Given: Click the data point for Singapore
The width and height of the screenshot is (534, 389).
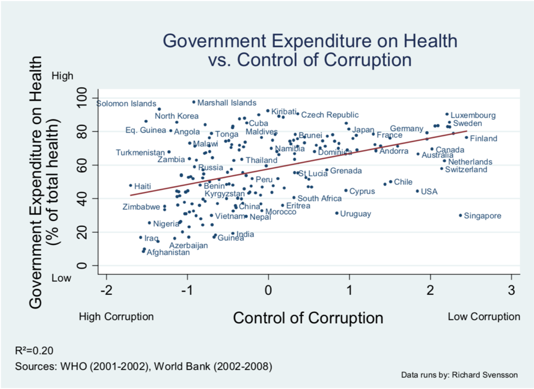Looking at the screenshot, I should [460, 215].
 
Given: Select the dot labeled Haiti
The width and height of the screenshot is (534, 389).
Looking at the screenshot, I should [130, 185].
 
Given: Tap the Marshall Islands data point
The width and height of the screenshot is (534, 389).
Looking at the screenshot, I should [194, 102].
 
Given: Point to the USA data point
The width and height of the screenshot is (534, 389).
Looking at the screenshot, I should [417, 191].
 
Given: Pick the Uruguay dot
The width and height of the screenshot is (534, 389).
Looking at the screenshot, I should [337, 213].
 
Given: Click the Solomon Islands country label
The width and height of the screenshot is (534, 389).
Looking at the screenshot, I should [126, 103].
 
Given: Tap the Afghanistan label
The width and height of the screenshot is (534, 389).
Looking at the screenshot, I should [168, 253].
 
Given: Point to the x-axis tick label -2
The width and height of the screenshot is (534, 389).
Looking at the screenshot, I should [106, 290].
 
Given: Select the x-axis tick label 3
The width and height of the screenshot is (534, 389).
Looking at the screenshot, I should [512, 290].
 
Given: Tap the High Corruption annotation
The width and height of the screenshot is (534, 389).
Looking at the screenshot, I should [116, 317].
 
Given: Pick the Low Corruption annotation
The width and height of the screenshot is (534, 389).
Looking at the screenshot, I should [484, 317].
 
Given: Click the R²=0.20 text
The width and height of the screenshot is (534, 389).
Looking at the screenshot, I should [35, 351].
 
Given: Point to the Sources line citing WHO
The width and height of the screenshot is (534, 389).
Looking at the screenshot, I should [144, 366].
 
